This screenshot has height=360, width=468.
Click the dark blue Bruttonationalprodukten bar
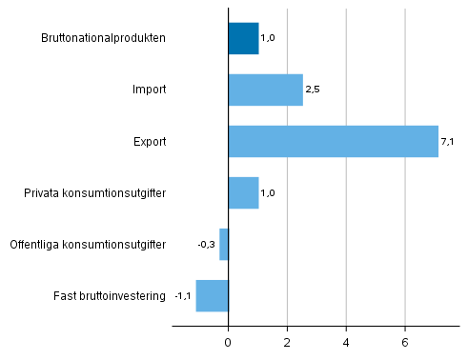click(x=243, y=38)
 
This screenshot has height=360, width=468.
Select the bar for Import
click(x=266, y=90)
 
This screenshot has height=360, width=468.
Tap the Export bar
click(x=333, y=141)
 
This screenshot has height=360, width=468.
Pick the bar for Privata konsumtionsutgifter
click(x=243, y=192)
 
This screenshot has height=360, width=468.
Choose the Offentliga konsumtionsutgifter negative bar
click(x=224, y=244)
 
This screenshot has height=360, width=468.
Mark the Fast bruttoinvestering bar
click(x=212, y=295)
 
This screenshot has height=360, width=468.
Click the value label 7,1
click(x=446, y=142)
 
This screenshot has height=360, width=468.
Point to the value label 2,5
click(x=311, y=90)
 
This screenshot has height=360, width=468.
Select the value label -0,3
click(x=206, y=245)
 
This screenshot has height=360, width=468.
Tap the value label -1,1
click(x=183, y=296)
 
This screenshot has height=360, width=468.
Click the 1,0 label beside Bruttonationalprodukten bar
click(x=268, y=39)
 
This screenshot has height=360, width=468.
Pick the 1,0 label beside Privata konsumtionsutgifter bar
click(x=268, y=193)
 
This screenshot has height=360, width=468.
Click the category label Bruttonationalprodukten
click(x=104, y=39)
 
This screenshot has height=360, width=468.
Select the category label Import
click(x=150, y=90)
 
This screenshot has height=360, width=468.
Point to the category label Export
click(x=150, y=142)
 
